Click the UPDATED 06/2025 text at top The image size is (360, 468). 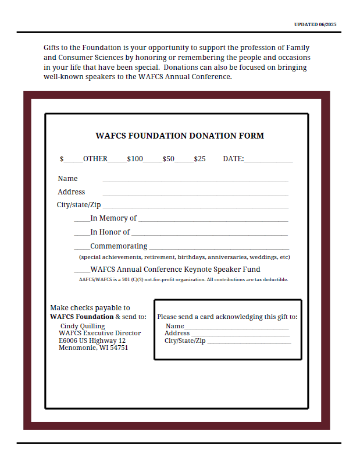[x=315, y=24]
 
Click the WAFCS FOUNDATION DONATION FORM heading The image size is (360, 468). [x=179, y=136]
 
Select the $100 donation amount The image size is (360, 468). [x=135, y=158]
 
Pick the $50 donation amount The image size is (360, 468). [x=168, y=158]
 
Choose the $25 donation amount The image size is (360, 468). [x=199, y=158]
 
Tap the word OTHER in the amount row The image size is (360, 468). [x=95, y=158]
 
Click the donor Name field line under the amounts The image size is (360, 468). [x=195, y=181]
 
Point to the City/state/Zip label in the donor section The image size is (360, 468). [x=79, y=205]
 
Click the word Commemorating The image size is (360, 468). [x=119, y=246]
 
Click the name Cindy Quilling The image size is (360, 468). [x=83, y=326]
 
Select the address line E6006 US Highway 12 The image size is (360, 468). [x=92, y=341]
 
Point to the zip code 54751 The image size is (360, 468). [x=118, y=348]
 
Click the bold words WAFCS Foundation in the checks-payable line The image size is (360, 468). [x=81, y=317]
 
